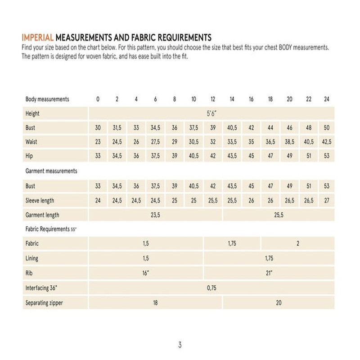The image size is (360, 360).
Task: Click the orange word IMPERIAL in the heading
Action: (x=37, y=37)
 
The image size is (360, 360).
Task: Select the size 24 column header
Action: (x=327, y=99)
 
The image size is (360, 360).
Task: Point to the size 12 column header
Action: (x=213, y=99)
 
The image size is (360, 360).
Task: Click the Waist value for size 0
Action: (x=98, y=142)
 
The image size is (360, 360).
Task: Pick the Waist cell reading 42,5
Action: (x=327, y=142)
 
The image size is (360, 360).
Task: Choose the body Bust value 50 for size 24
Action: (x=327, y=128)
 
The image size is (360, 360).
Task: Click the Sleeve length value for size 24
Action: (x=327, y=201)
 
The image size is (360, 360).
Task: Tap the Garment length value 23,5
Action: (x=155, y=215)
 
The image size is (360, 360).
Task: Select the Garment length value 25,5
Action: (x=279, y=215)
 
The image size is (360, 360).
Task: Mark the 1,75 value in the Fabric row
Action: (x=232, y=243)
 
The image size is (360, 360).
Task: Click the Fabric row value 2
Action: (x=297, y=243)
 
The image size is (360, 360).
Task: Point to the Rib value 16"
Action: (x=145, y=273)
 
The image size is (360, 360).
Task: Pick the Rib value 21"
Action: (x=269, y=273)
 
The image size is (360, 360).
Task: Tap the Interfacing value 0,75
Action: (x=211, y=288)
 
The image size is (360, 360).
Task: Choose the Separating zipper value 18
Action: (x=155, y=303)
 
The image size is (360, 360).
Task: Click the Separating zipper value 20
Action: (x=279, y=303)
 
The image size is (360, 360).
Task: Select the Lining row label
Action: (x=32, y=258)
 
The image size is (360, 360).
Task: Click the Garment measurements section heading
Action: (x=51, y=171)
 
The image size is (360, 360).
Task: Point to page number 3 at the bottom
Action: (x=180, y=345)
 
